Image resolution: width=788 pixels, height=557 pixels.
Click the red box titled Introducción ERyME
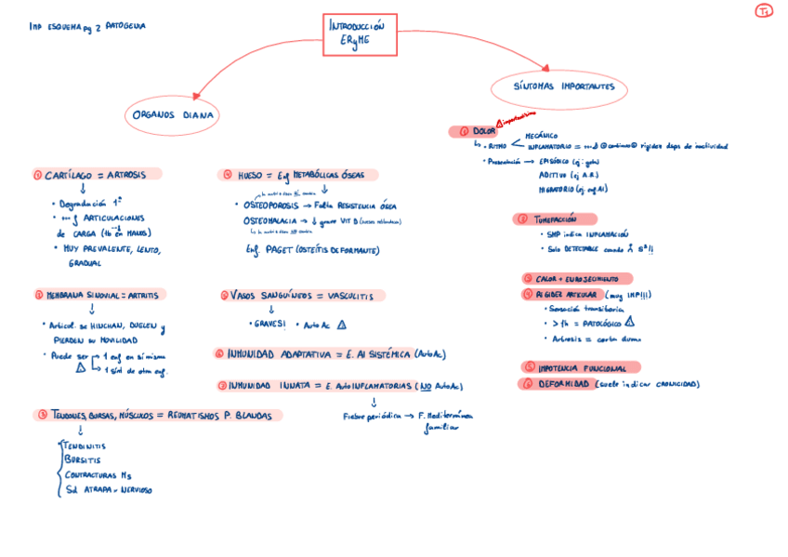(360, 34)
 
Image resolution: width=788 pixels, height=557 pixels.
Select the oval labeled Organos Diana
(172, 116)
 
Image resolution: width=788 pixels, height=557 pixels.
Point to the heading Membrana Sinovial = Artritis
(97, 296)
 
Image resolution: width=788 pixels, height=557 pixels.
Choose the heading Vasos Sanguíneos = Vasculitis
(301, 296)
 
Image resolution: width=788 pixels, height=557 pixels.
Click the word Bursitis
(84, 460)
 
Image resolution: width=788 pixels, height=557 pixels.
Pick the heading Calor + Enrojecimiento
(576, 279)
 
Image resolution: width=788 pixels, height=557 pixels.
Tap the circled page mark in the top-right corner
(763, 11)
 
